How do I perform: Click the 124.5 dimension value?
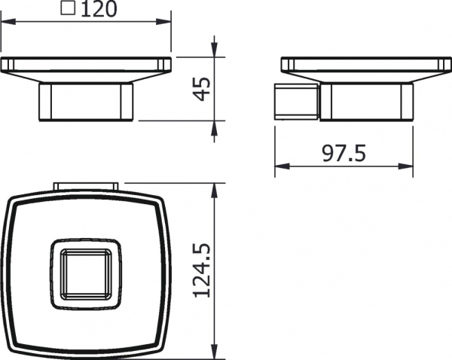coord(199,270)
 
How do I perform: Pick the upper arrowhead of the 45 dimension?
coord(215,61)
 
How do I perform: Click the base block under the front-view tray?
coord(87,102)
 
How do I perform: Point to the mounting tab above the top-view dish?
coord(85,186)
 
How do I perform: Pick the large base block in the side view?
coord(365,102)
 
